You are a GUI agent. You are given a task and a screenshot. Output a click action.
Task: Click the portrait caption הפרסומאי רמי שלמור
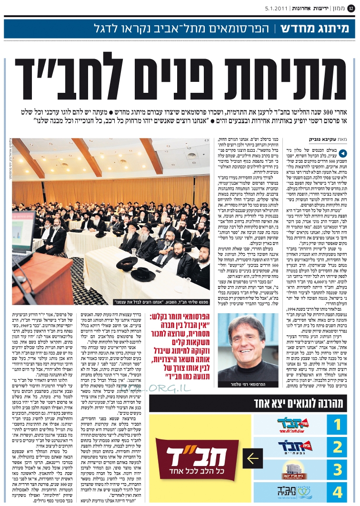coord(255,383)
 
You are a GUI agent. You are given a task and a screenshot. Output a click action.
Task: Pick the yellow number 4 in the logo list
coord(337,492)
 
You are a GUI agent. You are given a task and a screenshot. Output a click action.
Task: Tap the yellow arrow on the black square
coord(253,459)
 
